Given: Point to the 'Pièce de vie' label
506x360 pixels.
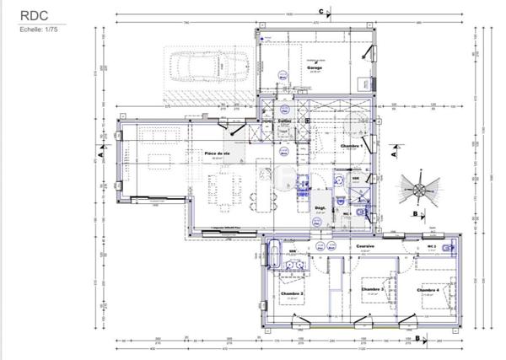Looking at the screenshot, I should point(218,153).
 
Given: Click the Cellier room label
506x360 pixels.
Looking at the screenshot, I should point(285,122).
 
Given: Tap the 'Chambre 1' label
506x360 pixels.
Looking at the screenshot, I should point(350,146).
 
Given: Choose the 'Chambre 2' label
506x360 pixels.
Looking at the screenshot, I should point(291,293).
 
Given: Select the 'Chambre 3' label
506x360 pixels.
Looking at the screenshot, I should point(372,289).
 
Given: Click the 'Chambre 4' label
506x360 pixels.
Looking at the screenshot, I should point(428,289).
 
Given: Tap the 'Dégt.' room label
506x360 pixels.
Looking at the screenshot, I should point(320,207).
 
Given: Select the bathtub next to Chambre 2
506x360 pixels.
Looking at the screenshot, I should point(274,252).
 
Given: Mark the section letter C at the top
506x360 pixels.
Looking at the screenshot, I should point(321,11).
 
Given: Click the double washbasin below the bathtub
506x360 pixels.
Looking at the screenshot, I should point(294,264).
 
